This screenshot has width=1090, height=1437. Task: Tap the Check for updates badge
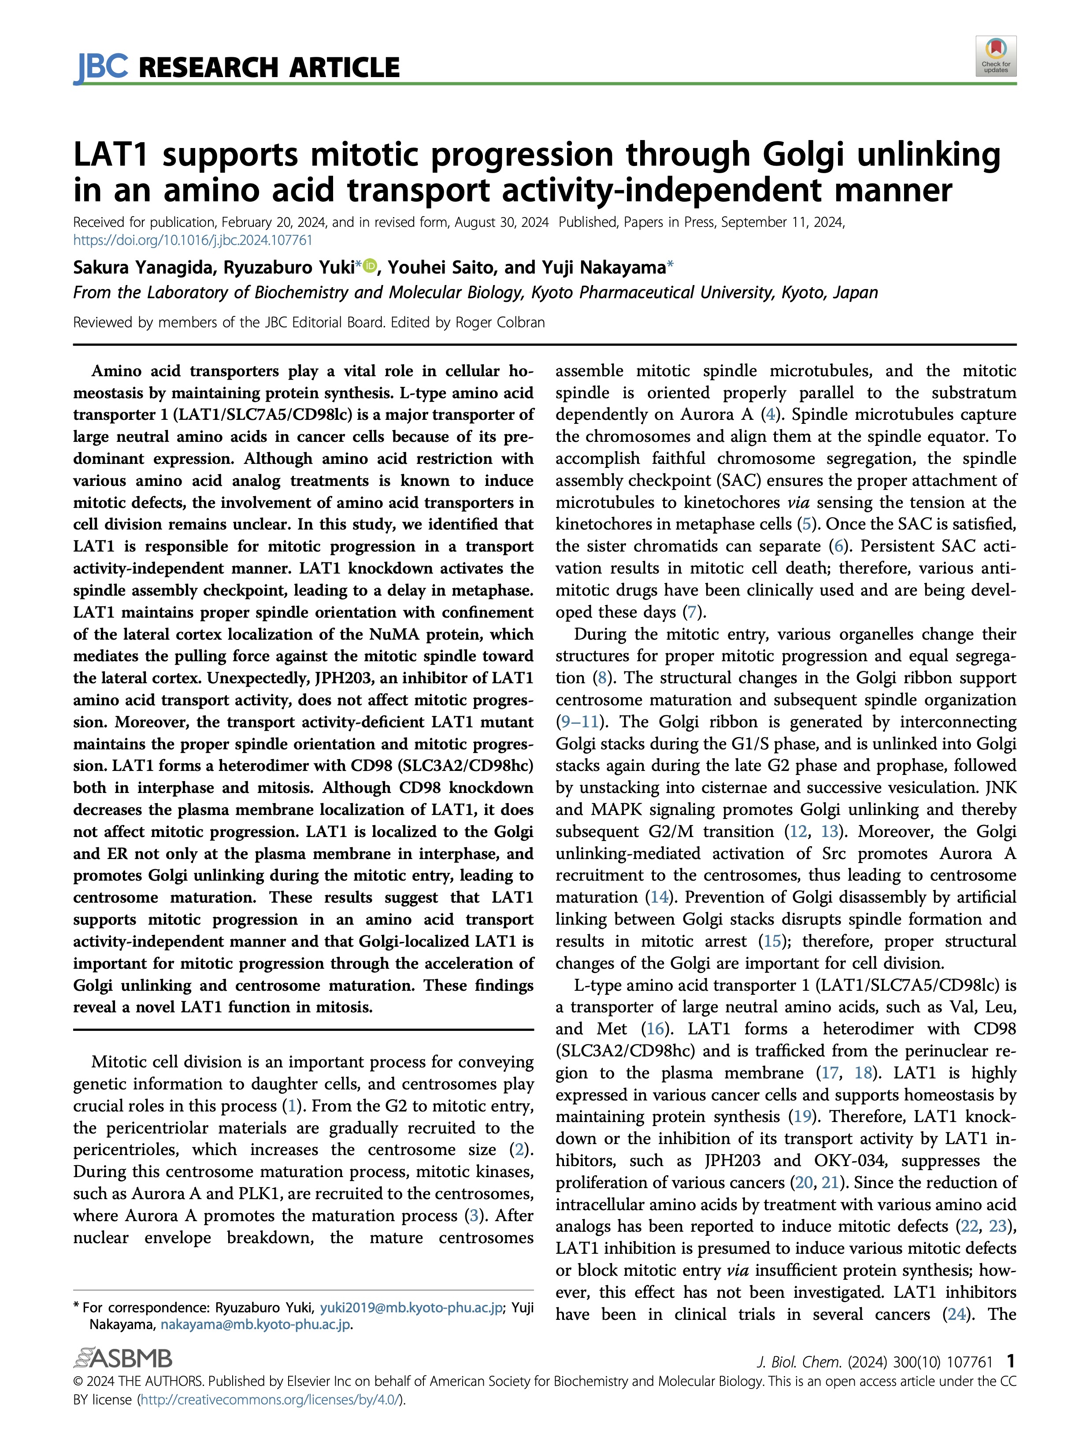(x=995, y=56)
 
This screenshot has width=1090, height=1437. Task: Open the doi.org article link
(x=193, y=241)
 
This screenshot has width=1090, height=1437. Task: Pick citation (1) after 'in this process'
(x=290, y=1106)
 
